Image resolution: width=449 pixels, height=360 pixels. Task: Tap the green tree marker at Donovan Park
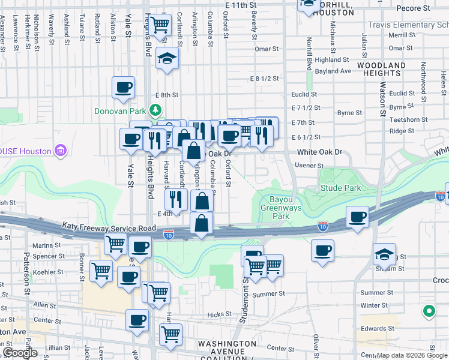click(155, 110)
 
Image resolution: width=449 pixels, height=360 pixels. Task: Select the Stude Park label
click(340, 188)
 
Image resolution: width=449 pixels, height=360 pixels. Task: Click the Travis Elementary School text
click(408, 25)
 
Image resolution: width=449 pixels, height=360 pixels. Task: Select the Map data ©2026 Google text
click(412, 355)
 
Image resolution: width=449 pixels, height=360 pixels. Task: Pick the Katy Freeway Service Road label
click(109, 227)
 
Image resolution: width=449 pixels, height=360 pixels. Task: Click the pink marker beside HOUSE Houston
click(60, 149)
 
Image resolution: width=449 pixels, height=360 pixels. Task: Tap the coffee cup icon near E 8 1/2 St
click(123, 87)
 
